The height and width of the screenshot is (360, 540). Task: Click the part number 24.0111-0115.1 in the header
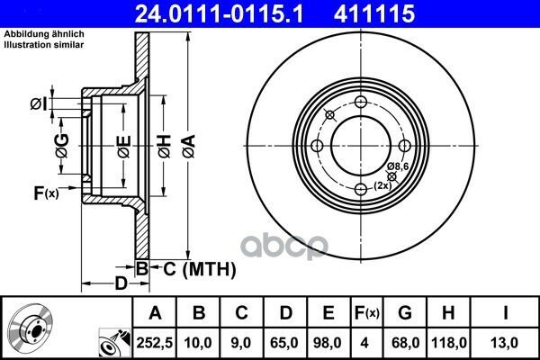[x=220, y=13]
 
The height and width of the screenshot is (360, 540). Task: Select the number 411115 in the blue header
[x=374, y=13]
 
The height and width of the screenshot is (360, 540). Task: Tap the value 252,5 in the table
[x=154, y=343]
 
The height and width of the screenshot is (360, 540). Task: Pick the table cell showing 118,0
[x=449, y=343]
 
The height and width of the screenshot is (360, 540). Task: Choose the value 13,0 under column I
[x=505, y=343]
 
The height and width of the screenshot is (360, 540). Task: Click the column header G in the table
[x=405, y=313]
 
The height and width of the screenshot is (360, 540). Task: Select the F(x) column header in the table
[x=367, y=313]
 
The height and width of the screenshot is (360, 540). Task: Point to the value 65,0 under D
[x=284, y=343]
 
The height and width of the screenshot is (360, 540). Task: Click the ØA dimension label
[x=189, y=147]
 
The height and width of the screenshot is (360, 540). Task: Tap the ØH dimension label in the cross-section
[x=165, y=147]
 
